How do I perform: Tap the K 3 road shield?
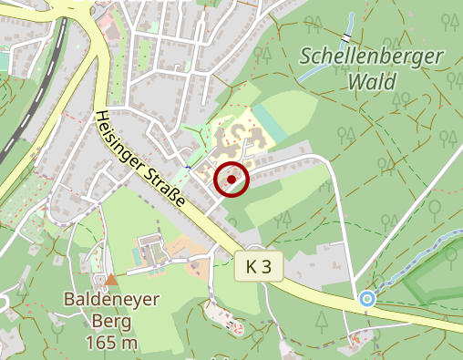point(260,266)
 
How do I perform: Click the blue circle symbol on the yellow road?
point(367,298)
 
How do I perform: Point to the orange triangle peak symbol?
point(111,279)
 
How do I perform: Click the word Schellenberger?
point(371,57)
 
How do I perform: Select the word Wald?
point(372,82)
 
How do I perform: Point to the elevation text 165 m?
point(111,343)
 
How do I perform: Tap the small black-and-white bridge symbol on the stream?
point(347,37)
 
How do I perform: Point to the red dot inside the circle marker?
point(232,180)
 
